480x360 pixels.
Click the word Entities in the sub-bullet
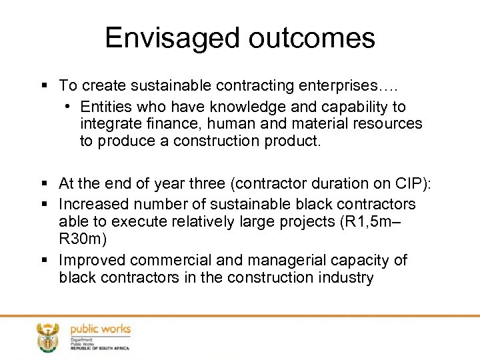click(x=103, y=107)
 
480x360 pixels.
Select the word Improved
click(x=93, y=260)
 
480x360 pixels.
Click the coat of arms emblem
click(x=47, y=337)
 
